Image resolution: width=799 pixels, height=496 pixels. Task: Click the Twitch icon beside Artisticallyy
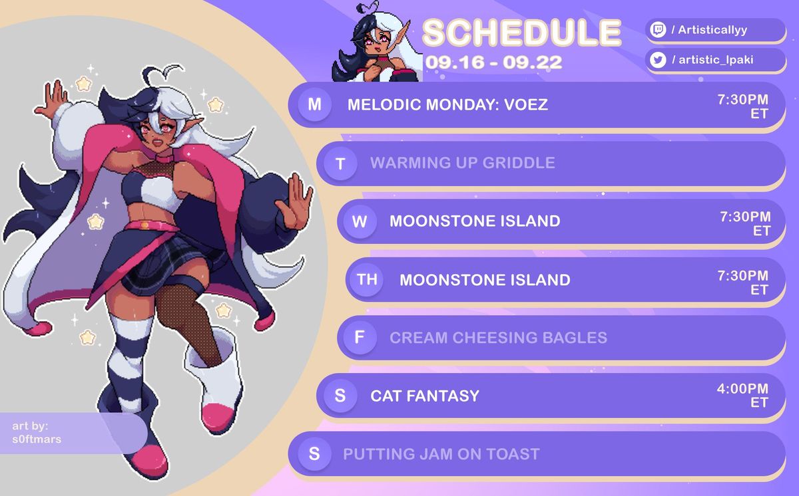658,29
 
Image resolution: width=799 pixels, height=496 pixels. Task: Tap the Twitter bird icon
658,59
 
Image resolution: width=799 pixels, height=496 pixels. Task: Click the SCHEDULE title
522,33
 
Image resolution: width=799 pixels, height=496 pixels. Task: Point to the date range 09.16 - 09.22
493,62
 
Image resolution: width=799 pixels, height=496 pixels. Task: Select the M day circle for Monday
314,104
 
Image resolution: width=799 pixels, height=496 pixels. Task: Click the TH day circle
368,279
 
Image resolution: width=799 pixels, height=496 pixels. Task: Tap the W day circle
360,221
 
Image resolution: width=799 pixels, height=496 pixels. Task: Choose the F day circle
360,337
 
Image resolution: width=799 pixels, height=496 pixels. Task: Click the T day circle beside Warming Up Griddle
340,164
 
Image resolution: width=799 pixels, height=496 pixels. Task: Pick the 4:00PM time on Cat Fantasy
742,388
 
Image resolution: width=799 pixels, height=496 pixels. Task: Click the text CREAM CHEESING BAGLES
498,338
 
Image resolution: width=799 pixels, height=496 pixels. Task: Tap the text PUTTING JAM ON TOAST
441,454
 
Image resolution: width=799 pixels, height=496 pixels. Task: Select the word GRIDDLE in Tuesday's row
519,163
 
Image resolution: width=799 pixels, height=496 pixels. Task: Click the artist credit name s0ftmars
37,439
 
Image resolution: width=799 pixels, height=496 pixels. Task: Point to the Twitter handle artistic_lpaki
716,60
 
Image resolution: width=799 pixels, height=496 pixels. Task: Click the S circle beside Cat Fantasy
340,396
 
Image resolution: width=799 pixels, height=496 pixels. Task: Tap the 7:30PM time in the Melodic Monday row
742,99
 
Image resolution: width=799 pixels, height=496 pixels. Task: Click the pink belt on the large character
151,226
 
